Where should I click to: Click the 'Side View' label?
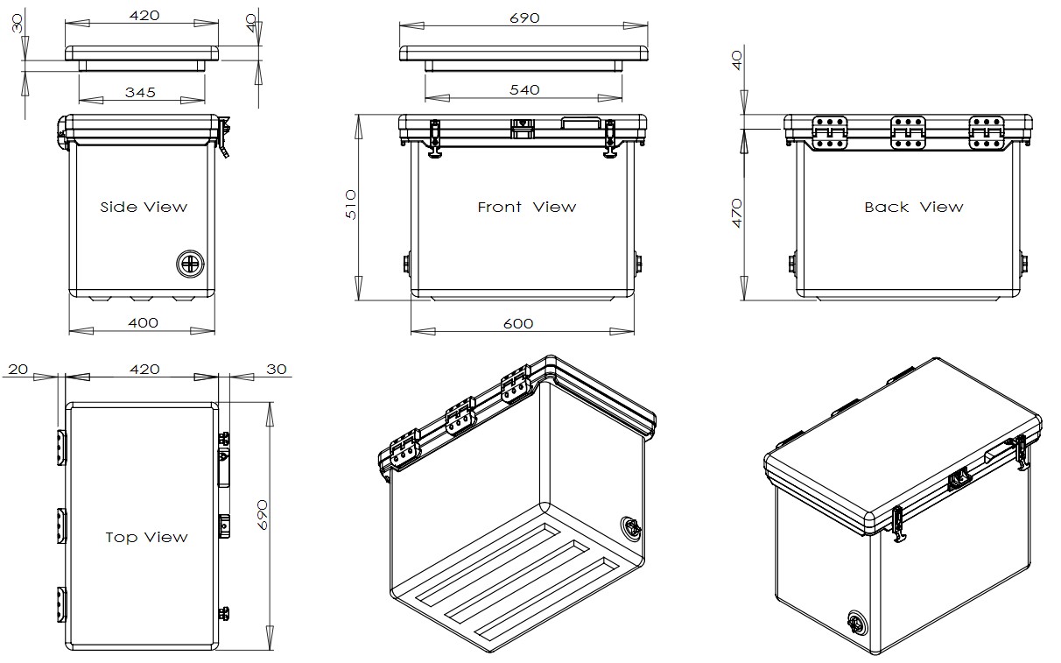tap(144, 208)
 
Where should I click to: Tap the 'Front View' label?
tap(526, 208)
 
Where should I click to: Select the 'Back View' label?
tap(913, 208)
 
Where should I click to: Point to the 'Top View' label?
tap(146, 537)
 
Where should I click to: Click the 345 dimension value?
tap(140, 91)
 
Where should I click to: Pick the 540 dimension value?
tap(523, 89)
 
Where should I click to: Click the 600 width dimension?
tap(518, 323)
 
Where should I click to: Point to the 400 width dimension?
tap(143, 322)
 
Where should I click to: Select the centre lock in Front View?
tap(522, 128)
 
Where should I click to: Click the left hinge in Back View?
tap(829, 130)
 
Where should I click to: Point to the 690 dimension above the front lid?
tap(523, 18)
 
